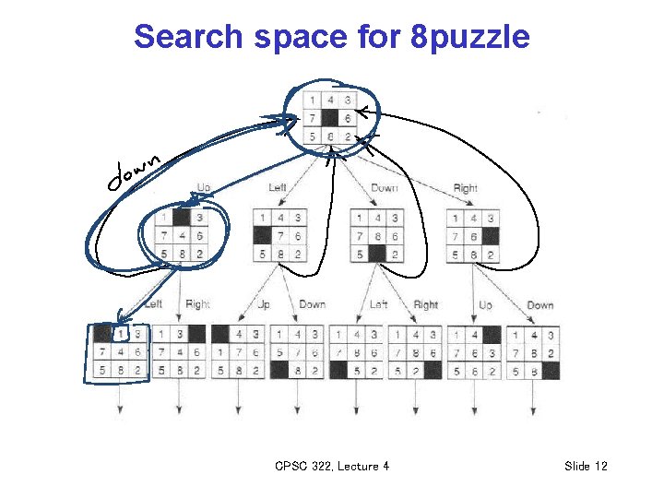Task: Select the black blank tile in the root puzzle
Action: [330, 118]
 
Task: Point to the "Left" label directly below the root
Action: [278, 188]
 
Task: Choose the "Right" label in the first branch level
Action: [465, 188]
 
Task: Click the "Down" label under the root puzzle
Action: [384, 188]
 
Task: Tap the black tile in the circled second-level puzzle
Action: [183, 219]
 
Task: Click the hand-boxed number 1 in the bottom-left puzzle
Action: [120, 334]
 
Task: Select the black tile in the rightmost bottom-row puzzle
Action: [551, 371]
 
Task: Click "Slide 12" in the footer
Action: [586, 467]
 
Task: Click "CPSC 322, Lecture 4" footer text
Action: [332, 467]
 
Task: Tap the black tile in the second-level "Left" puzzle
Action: [263, 236]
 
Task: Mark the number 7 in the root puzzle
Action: [313, 118]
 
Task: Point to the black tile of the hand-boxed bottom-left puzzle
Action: [101, 334]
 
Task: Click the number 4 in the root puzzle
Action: [330, 101]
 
